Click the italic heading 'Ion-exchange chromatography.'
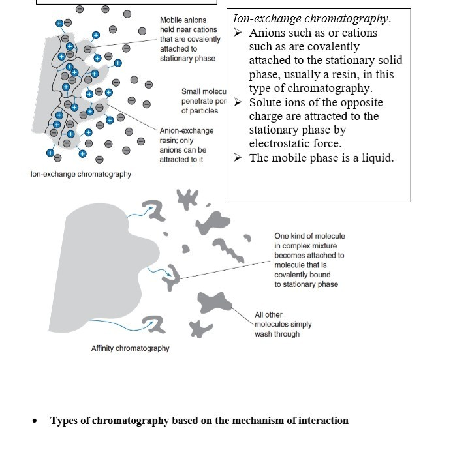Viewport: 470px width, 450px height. [312, 18]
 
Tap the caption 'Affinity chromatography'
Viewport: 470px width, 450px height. [130, 348]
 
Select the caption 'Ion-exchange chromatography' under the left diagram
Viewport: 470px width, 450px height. [81, 174]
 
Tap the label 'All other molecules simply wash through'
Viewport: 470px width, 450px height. [283, 324]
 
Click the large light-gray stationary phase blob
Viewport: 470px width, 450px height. [98, 254]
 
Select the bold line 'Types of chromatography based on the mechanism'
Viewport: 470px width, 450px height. [199, 421]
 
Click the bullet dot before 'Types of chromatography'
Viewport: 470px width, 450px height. [35, 421]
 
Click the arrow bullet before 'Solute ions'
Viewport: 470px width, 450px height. [238, 102]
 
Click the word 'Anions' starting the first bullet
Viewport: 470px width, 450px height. [268, 33]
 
